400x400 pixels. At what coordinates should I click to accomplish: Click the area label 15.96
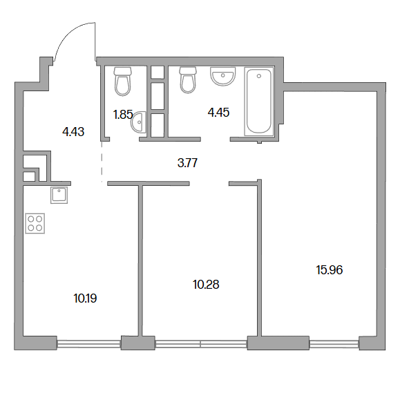(330, 270)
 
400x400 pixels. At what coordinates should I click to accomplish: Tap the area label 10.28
(206, 285)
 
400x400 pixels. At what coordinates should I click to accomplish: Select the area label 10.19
(85, 298)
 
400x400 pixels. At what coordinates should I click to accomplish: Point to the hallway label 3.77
(187, 163)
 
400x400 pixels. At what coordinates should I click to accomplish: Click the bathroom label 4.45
(218, 113)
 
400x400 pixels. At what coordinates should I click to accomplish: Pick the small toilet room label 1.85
(123, 115)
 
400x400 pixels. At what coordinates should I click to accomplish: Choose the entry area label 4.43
(73, 132)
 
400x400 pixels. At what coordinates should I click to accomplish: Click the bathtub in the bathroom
(259, 102)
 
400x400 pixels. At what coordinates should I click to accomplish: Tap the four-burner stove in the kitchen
(35, 223)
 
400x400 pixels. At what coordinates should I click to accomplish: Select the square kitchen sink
(59, 195)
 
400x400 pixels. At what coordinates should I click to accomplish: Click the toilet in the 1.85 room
(123, 81)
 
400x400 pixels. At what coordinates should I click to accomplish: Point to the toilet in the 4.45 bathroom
(189, 79)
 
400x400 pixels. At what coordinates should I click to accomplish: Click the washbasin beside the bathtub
(222, 76)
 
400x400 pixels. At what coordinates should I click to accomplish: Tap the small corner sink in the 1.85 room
(139, 122)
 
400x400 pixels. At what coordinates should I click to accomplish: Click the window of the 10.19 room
(89, 344)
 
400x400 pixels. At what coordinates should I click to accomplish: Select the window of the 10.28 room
(201, 344)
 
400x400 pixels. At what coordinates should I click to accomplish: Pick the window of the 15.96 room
(334, 344)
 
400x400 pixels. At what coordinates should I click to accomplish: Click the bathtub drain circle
(259, 76)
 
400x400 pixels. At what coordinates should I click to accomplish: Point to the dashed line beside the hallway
(102, 161)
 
